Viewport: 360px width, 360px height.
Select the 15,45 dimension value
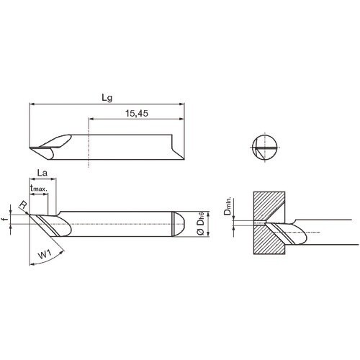136,113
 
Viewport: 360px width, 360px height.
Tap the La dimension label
42,173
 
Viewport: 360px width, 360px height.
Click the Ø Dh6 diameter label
202,225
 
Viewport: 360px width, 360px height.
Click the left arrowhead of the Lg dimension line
32,105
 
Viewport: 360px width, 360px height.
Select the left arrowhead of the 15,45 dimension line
91,121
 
